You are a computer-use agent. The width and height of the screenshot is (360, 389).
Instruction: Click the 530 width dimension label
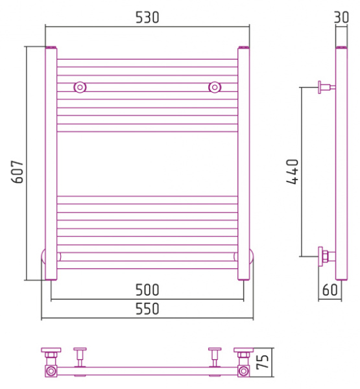coord(147,18)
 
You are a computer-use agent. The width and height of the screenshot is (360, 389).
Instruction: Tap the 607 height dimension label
coord(18,172)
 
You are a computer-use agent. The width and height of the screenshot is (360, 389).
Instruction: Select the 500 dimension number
coord(147,290)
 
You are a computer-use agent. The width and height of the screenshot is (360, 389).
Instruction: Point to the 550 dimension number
coord(147,309)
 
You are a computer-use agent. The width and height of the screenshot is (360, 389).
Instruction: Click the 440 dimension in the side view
coord(293,172)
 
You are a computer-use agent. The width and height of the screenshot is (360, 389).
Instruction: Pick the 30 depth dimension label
coord(342,18)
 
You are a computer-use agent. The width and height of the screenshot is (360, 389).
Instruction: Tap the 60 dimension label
coord(330,290)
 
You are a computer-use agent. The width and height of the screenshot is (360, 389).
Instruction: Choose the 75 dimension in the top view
coord(263,362)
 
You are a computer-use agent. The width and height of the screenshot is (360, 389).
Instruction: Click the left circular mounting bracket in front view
coord(80,88)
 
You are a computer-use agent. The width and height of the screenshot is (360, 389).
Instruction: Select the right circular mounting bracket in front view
coord(215,88)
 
